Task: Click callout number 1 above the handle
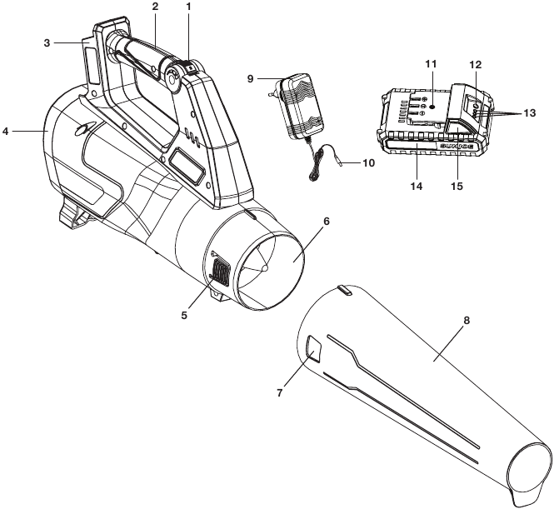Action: click(x=188, y=7)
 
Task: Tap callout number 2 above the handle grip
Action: click(x=156, y=7)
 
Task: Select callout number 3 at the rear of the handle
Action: click(x=47, y=43)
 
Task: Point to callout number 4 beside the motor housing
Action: click(x=5, y=132)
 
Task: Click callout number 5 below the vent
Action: click(x=184, y=315)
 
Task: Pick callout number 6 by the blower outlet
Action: click(x=326, y=222)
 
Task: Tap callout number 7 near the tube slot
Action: click(x=280, y=393)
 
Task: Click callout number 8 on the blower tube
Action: click(x=467, y=321)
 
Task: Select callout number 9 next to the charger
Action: click(x=250, y=78)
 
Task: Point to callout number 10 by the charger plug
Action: click(x=368, y=162)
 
